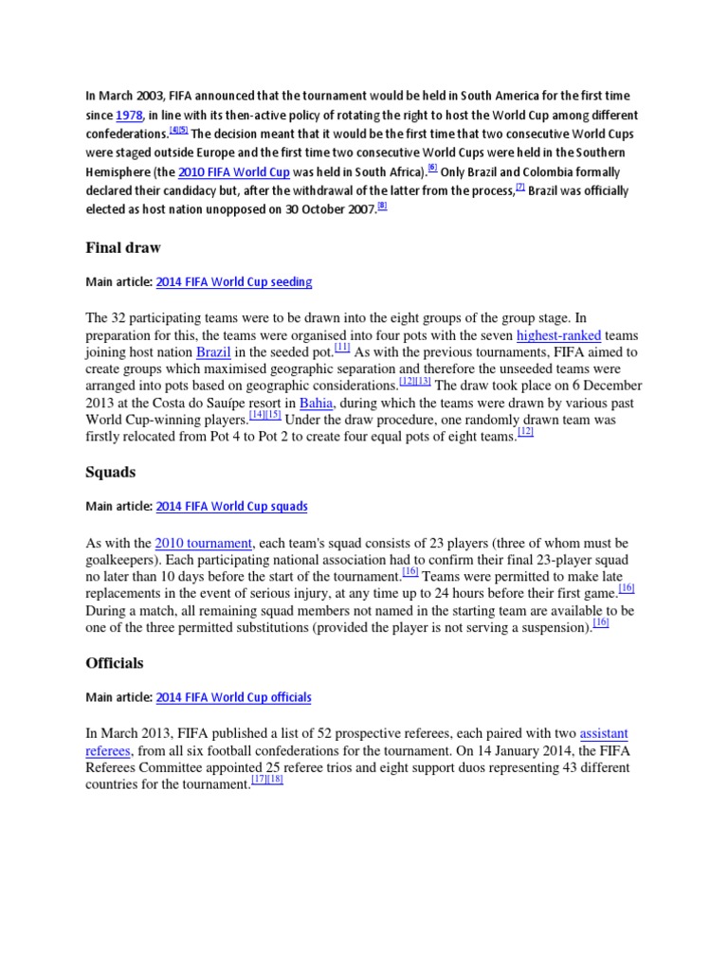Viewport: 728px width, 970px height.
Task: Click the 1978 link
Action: [129, 116]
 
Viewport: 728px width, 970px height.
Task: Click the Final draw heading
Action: [123, 247]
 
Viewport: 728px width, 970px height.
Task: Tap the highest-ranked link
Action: [558, 335]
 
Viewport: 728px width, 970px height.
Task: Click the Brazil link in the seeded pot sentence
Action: [213, 352]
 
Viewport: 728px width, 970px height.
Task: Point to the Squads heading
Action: [110, 472]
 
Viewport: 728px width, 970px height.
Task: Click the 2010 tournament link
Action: [205, 543]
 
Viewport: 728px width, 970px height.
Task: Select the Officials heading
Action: [115, 662]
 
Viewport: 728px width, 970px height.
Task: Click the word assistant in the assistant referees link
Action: [603, 734]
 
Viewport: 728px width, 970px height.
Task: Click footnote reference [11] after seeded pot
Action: [342, 348]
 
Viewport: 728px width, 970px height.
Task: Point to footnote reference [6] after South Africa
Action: [432, 168]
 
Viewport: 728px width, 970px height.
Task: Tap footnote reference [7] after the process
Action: [519, 187]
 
